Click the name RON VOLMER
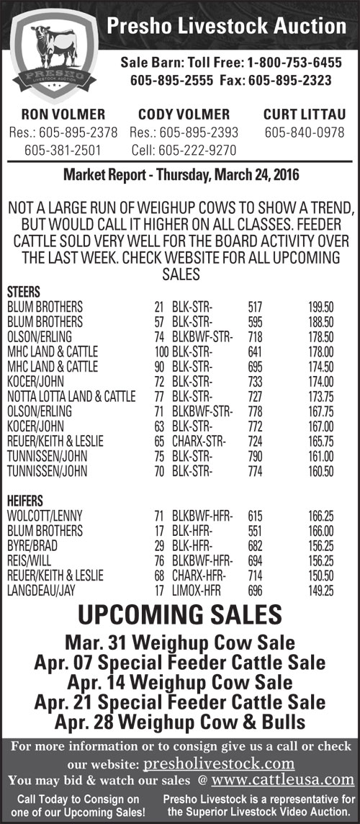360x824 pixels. tap(63, 115)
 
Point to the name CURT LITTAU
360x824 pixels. tap(305, 115)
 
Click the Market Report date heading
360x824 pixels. tap(181, 175)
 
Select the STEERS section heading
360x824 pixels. tap(24, 292)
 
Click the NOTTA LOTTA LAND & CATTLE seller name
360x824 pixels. tap(71, 397)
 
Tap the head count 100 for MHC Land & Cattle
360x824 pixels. tap(161, 351)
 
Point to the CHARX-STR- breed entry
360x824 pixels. tap(202, 442)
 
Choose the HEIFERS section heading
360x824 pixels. tap(25, 501)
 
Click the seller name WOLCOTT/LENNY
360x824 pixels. tap(44, 516)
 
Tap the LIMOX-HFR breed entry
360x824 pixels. tap(197, 591)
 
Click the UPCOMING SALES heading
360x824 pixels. tap(180, 616)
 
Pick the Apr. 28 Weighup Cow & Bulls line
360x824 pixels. tap(180, 721)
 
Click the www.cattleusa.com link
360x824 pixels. tap(284, 779)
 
